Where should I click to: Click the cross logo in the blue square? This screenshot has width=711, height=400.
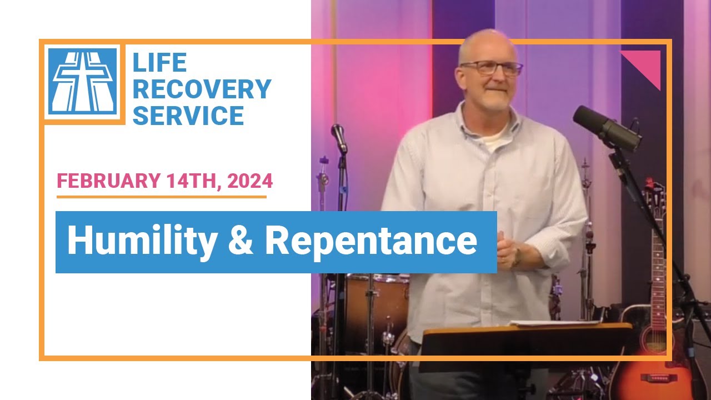click(82, 81)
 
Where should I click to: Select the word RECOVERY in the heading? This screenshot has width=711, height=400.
click(202, 89)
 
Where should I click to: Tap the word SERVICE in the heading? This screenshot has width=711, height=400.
click(188, 116)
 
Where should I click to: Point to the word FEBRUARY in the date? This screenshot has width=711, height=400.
click(106, 181)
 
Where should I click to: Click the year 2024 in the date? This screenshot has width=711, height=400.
click(249, 181)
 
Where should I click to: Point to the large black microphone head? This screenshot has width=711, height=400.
click(605, 127)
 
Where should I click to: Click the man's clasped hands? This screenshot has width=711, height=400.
click(508, 253)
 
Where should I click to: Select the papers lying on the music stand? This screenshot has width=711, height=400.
click(555, 323)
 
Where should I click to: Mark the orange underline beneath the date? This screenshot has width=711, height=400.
click(161, 196)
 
